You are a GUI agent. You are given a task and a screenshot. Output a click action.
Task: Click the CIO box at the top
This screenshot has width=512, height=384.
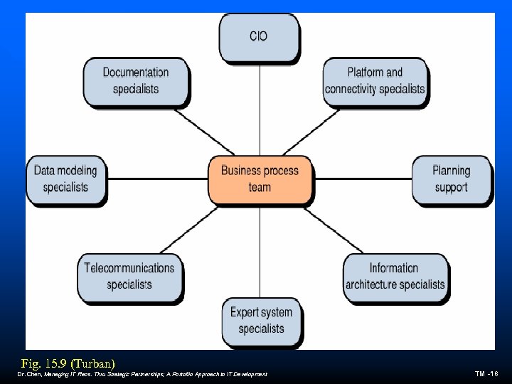click(259, 36)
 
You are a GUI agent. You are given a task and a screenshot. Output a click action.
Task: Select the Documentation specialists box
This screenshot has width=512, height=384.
click(136, 81)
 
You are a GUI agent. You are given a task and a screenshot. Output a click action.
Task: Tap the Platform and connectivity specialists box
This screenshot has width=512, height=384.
click(375, 81)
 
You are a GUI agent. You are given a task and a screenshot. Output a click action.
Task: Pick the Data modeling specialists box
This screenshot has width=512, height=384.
click(65, 178)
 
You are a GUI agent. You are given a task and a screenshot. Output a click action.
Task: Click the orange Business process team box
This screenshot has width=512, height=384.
click(260, 178)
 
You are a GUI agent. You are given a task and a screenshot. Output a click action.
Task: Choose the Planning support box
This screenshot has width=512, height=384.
click(451, 179)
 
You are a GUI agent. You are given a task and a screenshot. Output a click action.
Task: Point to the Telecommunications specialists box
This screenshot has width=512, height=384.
click(129, 277)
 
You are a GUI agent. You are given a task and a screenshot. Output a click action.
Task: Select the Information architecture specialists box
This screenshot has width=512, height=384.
click(395, 277)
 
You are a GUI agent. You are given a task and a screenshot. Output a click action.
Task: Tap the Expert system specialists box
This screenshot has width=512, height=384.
click(261, 321)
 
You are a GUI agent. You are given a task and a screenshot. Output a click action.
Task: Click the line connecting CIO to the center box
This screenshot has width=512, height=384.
click(260, 107)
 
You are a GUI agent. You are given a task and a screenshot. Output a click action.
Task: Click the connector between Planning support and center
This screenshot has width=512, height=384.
click(362, 179)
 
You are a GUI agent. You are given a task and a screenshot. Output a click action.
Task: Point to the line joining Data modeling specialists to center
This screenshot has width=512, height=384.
click(157, 179)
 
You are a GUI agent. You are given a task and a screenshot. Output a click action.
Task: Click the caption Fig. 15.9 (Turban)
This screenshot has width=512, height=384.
click(68, 362)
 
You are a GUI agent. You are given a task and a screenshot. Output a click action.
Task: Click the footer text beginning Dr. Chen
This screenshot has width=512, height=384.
click(142, 374)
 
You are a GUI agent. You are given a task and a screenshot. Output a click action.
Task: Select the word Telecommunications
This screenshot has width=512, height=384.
click(129, 268)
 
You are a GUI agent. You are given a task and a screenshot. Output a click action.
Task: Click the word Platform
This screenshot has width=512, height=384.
click(366, 73)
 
